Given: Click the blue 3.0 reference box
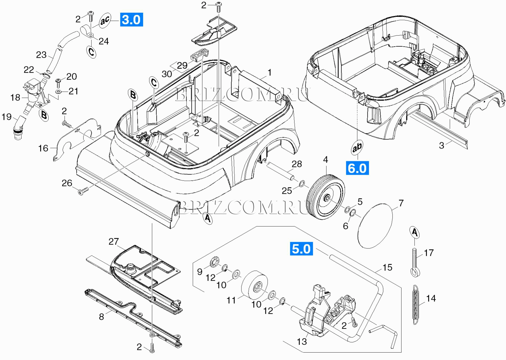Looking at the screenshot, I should (x=131, y=20).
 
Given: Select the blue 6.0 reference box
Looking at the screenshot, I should (x=357, y=168).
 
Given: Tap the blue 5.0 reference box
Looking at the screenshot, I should (x=301, y=249).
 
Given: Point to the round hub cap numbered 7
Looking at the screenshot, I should (x=375, y=226).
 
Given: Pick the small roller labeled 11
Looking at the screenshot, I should (x=255, y=285).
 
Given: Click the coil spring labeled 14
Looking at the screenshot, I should (x=416, y=305).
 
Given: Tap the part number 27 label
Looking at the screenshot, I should (x=114, y=241).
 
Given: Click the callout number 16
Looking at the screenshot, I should (x=43, y=148).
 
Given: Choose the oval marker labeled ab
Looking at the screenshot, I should (x=357, y=147).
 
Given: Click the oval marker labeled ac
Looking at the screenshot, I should (x=105, y=20).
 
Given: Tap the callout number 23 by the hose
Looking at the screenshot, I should (x=41, y=55).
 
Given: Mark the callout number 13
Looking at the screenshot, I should (x=302, y=342).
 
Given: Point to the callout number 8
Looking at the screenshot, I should (x=101, y=317).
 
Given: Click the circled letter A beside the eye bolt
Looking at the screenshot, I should (x=415, y=232).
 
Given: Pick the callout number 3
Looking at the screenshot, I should (x=442, y=145).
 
